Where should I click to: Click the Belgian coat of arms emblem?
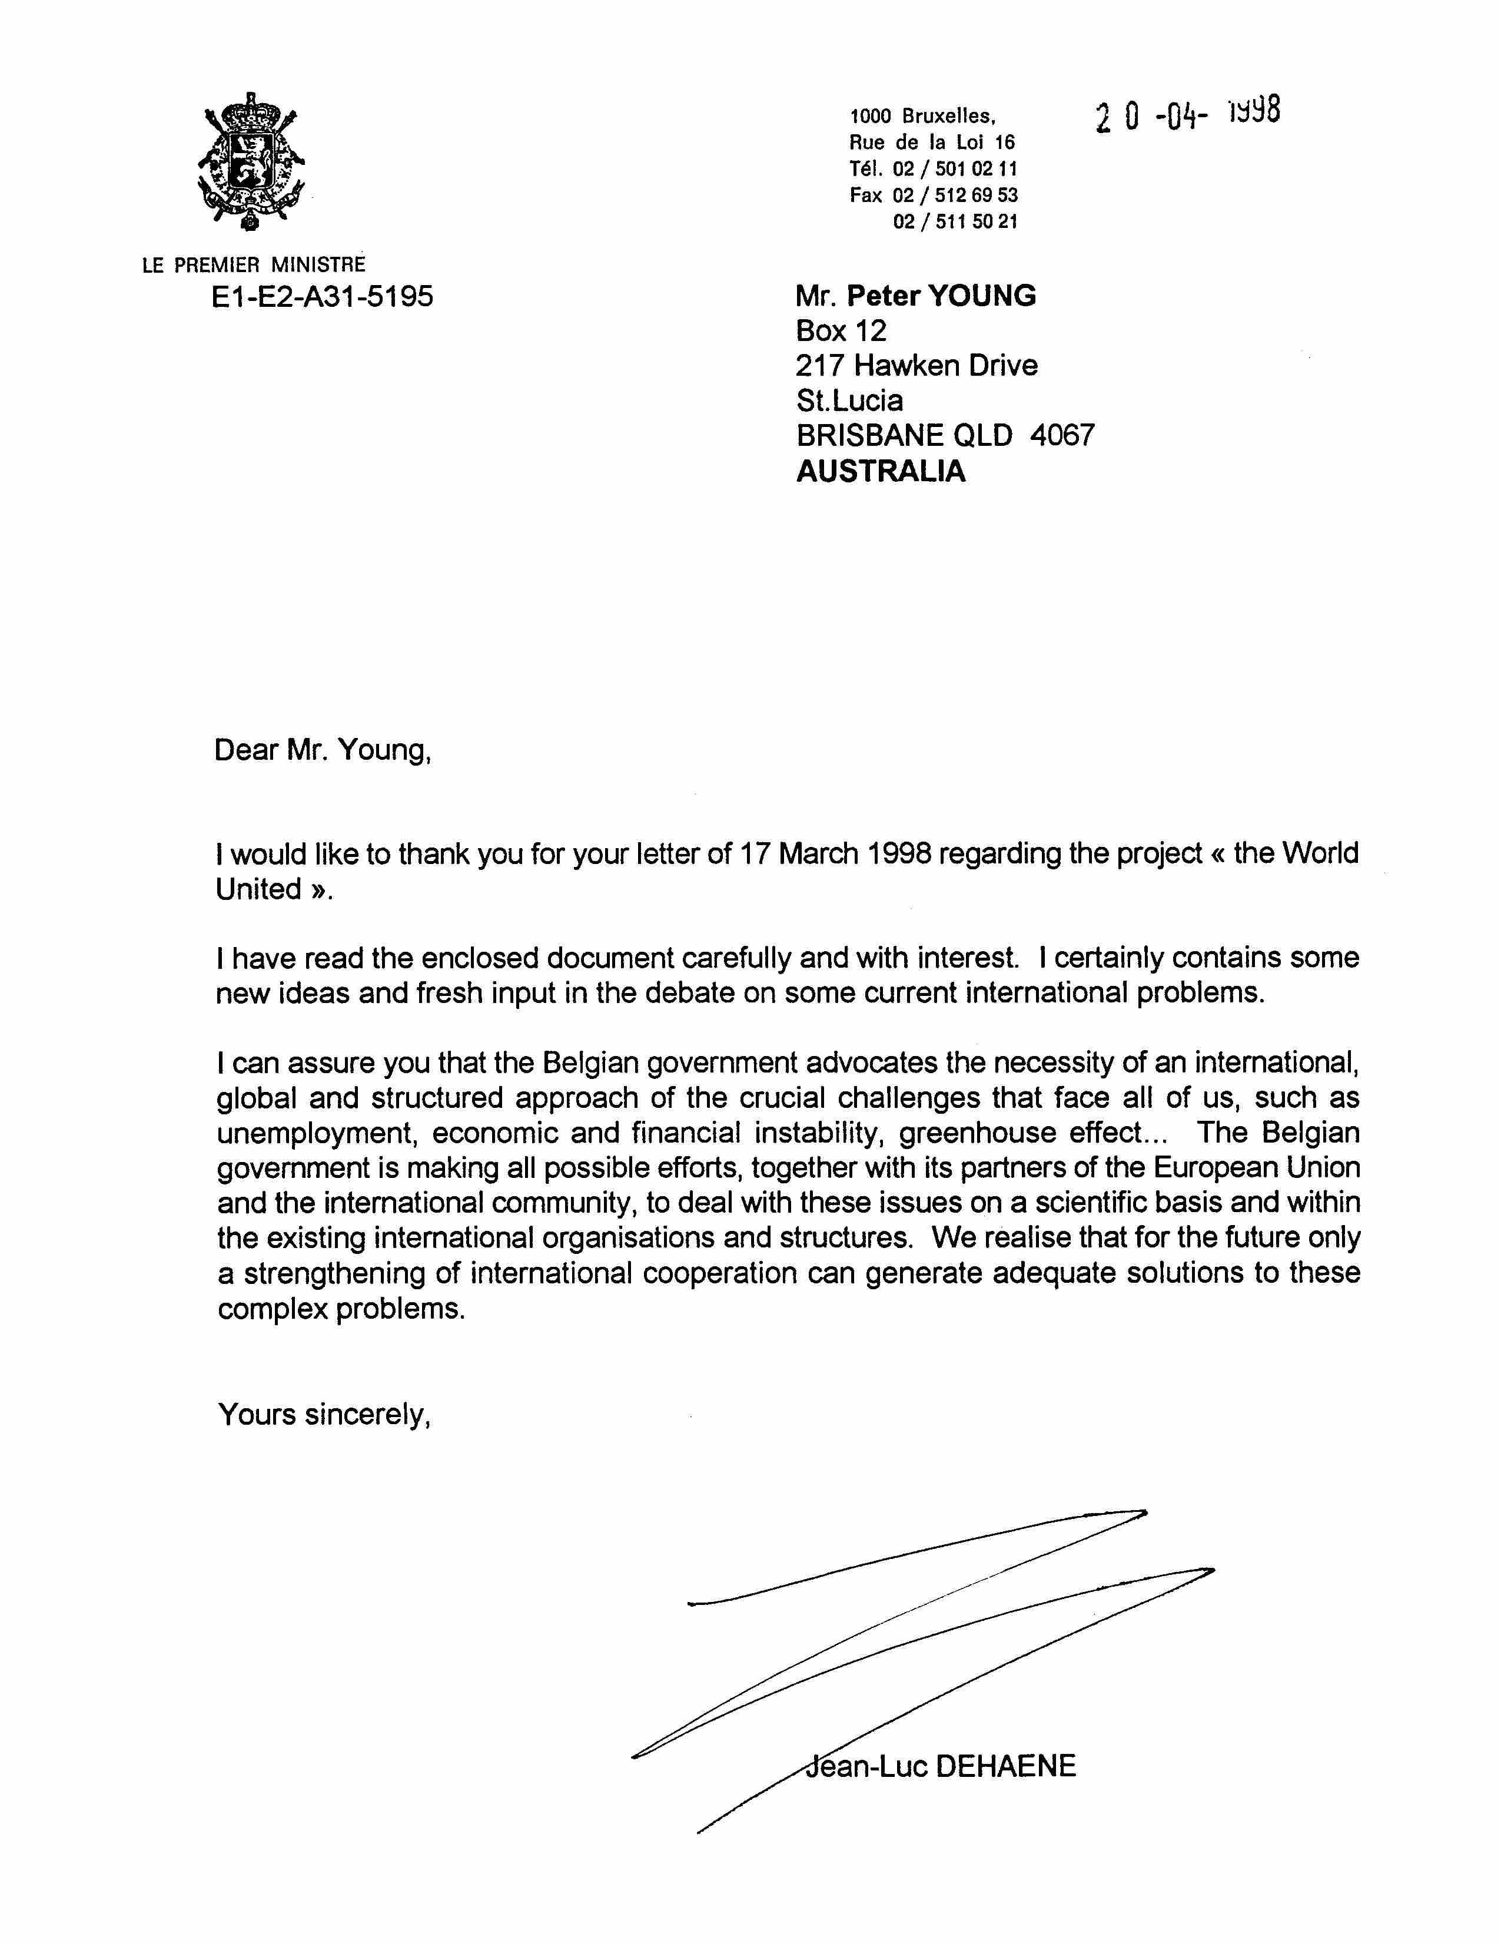click(253, 162)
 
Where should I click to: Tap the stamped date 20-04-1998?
click(1188, 115)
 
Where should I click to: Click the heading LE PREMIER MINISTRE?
click(254, 265)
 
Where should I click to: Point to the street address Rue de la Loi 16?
click(932, 143)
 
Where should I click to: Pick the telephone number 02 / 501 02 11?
click(955, 169)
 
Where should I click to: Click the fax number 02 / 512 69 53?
click(955, 196)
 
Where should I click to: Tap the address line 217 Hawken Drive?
click(916, 366)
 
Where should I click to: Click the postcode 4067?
click(1062, 435)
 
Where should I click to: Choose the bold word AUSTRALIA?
click(881, 471)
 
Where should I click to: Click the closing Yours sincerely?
click(324, 1415)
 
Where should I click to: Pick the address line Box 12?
click(841, 331)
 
